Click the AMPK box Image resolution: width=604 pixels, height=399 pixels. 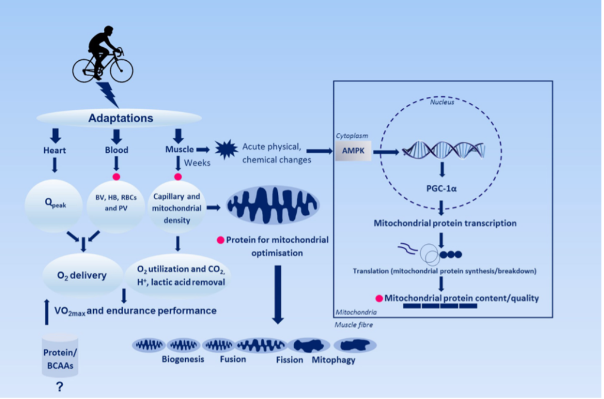353,151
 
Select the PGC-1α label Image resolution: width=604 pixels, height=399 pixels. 441,188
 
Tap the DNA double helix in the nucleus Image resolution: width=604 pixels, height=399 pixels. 444,150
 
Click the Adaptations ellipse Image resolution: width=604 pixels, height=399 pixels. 119,118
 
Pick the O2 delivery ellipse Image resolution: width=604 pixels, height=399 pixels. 83,275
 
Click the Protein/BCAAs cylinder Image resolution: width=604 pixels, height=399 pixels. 60,355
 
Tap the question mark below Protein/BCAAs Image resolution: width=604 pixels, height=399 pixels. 60,387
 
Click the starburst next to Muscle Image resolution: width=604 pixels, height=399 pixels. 226,149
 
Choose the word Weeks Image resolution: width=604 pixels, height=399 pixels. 197,163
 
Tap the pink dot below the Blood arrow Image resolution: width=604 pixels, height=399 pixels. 116,177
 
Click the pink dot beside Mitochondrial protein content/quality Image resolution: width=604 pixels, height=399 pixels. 379,298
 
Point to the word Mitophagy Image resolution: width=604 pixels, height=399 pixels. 333,360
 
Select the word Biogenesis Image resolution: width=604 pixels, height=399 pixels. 183,359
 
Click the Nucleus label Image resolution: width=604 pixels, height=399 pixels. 442,102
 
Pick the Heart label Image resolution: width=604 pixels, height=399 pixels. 55,151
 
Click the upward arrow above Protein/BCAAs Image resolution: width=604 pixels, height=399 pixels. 47,312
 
